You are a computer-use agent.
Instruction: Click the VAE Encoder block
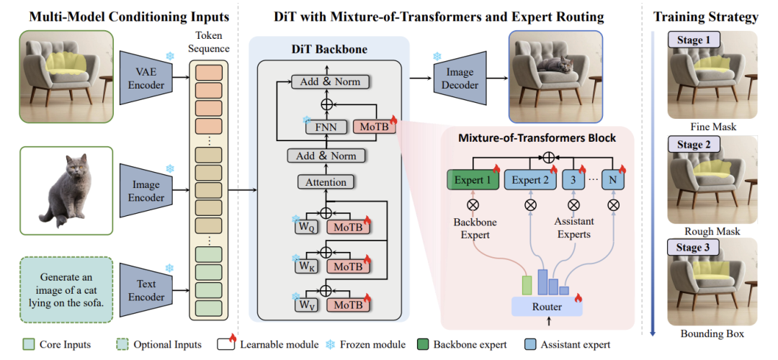click(x=146, y=78)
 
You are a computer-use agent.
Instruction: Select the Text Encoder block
click(x=146, y=291)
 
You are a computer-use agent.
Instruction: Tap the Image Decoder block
click(x=461, y=78)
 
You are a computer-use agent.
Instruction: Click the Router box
click(x=547, y=307)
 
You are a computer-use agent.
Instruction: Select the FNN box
click(x=326, y=127)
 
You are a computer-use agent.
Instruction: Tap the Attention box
click(x=326, y=181)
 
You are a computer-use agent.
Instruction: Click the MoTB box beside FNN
click(x=374, y=127)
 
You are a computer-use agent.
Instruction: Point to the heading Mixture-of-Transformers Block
click(x=538, y=138)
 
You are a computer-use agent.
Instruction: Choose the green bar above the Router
click(x=527, y=287)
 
